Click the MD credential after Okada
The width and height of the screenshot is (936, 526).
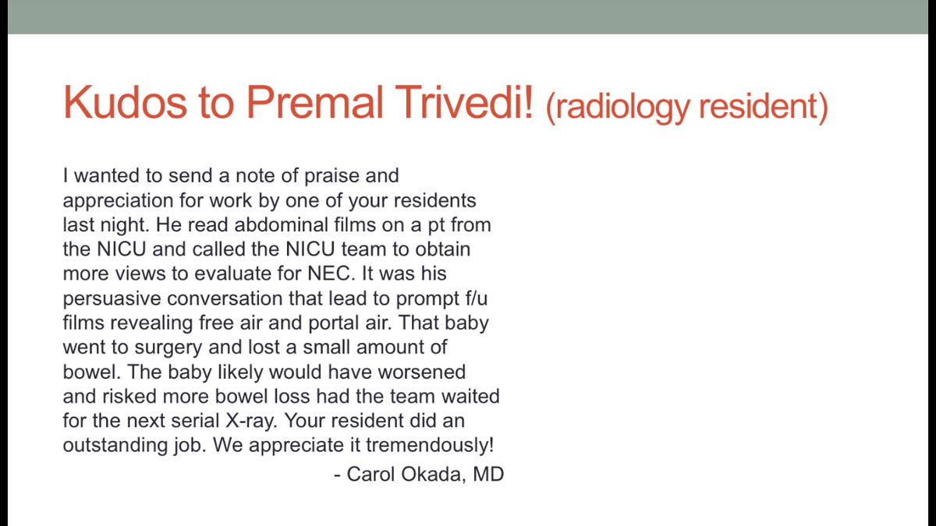click(x=488, y=474)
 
